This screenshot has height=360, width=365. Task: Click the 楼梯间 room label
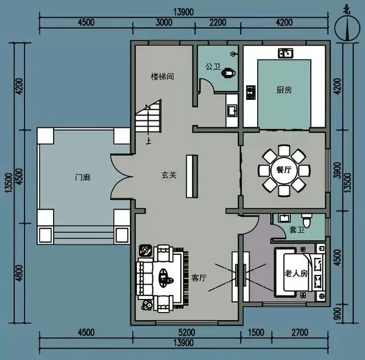(x=162, y=76)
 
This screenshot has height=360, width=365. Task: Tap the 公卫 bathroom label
(x=213, y=67)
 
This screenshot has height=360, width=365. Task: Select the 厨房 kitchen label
(x=284, y=90)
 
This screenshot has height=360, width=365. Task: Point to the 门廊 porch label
(x=83, y=177)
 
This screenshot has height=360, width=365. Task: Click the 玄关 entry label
(x=169, y=175)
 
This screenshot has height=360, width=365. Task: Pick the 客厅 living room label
(x=199, y=278)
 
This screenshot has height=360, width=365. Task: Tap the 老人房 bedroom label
(x=295, y=273)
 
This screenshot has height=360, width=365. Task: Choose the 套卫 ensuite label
(x=297, y=230)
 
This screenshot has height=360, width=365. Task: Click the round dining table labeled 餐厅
(x=284, y=170)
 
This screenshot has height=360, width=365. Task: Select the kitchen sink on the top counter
(x=285, y=53)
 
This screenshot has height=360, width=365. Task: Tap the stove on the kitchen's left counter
(x=251, y=92)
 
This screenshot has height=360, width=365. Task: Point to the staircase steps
(x=148, y=116)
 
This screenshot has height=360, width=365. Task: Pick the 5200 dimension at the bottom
(x=187, y=333)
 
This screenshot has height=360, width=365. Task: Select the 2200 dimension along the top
(x=218, y=23)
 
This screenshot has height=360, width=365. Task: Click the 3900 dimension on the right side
(x=337, y=170)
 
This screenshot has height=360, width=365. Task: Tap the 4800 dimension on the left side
(x=20, y=273)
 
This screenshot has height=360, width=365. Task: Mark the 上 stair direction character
(x=148, y=141)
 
